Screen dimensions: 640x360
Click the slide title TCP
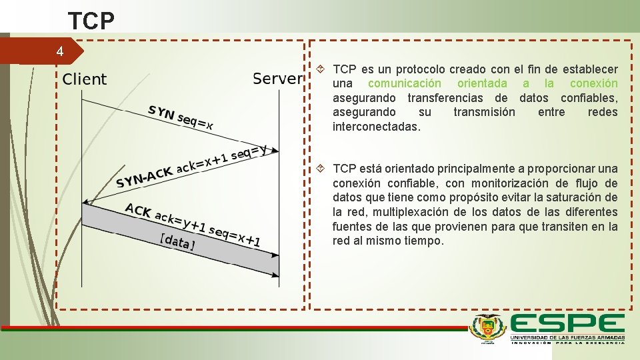coord(91,21)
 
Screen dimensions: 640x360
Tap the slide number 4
coord(60,51)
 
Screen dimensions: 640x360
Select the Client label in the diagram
coord(85,79)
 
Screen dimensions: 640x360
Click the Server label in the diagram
coord(277,79)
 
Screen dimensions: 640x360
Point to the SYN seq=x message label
coord(181,117)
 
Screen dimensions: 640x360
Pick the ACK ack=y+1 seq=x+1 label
coord(193,224)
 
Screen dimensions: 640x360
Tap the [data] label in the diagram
coord(177,241)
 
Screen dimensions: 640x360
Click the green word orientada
coord(481,83)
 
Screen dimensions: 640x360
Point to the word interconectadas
coord(376,126)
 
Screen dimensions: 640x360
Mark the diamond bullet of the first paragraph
coord(320,69)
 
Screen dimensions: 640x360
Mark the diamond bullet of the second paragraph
coord(320,169)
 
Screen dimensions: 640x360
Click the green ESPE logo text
coord(567,325)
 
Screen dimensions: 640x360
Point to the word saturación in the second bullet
coord(577,197)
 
